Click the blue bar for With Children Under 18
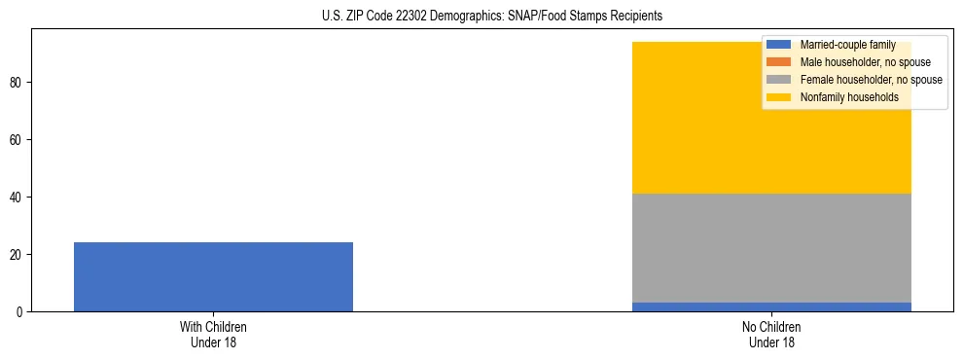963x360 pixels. pos(213,277)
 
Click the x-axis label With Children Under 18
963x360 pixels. pos(213,334)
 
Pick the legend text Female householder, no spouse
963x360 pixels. pos(871,80)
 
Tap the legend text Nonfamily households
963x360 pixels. pos(844,97)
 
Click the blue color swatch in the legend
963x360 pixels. pos(779,45)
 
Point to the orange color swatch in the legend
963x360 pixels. pos(779,62)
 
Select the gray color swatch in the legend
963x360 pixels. pos(779,80)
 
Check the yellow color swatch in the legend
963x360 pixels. pos(779,97)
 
